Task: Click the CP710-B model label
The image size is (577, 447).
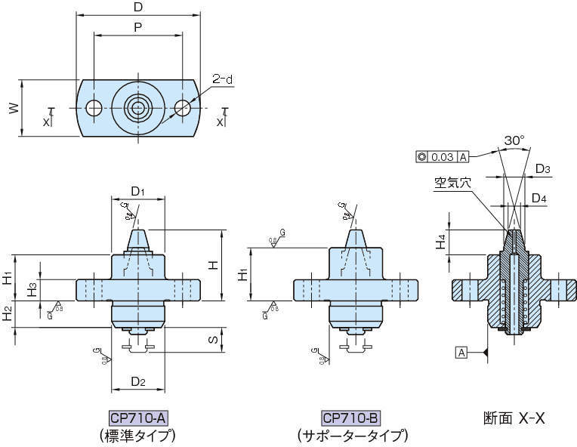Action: click(x=352, y=418)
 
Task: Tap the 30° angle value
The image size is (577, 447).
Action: click(x=514, y=140)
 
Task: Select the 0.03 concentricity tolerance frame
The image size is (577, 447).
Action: click(x=442, y=156)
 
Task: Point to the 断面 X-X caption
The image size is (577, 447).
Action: click(x=514, y=418)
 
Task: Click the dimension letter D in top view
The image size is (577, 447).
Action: click(x=137, y=7)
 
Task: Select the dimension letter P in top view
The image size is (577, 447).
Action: click(x=137, y=27)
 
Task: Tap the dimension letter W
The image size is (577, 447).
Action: click(x=13, y=109)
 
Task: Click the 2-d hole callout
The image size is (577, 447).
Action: click(x=222, y=79)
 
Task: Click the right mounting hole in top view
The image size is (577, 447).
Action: click(x=182, y=108)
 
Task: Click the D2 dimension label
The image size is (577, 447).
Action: click(x=137, y=381)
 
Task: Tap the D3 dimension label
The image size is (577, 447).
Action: click(x=543, y=168)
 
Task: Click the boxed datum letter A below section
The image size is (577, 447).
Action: click(x=460, y=352)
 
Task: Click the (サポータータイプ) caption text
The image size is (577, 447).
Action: click(x=352, y=436)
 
